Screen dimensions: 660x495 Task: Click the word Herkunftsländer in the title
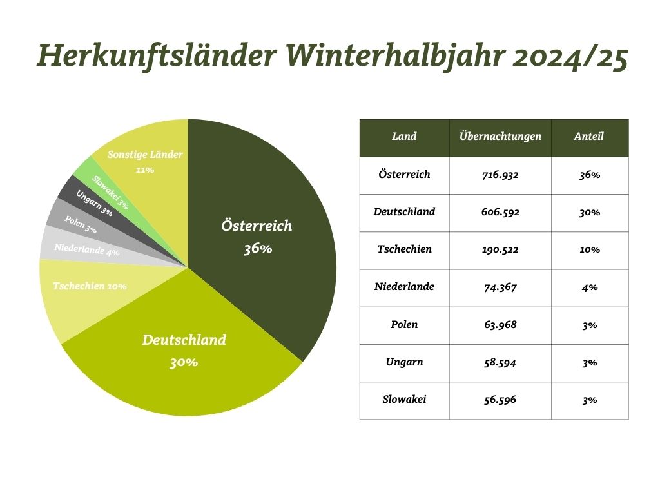157,55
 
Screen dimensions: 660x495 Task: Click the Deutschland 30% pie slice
185,358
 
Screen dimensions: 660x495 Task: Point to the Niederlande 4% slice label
87,249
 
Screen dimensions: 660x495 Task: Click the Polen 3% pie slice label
81,224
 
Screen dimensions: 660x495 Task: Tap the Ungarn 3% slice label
94,203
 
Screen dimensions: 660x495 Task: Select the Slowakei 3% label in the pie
110,192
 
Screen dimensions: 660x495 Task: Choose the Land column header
404,136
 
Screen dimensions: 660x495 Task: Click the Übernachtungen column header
500,136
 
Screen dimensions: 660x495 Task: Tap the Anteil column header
588,136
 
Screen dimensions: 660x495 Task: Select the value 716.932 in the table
500,175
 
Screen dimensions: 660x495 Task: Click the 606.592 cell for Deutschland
500,212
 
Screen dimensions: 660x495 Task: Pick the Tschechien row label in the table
404,249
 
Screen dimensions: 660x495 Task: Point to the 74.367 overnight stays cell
500,287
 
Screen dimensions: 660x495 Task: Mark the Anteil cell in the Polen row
590,325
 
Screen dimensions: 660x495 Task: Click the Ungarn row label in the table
404,362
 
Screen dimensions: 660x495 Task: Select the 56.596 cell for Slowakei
500,400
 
